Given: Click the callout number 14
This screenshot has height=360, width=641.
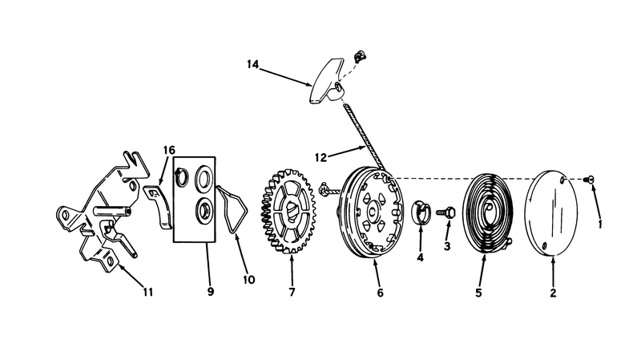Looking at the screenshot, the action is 253,64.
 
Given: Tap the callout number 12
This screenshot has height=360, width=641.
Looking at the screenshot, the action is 321,157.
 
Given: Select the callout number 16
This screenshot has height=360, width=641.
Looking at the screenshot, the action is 169,150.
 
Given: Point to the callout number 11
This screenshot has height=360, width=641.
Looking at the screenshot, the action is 148,292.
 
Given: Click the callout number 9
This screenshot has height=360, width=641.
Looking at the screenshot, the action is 211,292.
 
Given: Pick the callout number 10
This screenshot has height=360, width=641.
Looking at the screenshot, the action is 249,280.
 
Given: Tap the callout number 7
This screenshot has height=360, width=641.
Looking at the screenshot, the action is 292,292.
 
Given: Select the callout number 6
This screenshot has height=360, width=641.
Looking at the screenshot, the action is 380,293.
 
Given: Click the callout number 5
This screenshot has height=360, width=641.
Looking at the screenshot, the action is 478,293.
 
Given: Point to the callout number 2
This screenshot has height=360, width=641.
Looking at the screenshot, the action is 553,293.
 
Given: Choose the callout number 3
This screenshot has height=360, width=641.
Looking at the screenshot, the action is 447,246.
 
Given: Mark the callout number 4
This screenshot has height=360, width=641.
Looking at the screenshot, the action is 420,257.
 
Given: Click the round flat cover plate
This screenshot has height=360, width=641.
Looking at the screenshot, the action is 551,213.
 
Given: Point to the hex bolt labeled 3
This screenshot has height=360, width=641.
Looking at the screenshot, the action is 445,212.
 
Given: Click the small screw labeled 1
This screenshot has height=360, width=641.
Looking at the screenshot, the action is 589,179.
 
